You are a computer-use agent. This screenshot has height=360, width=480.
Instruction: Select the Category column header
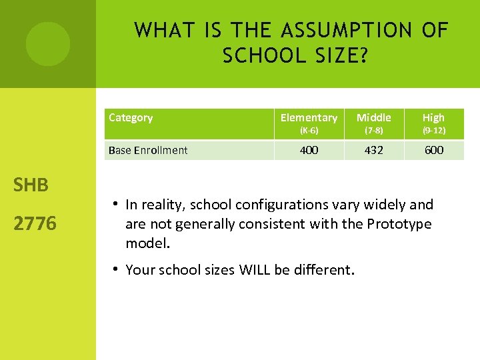[x=131, y=118]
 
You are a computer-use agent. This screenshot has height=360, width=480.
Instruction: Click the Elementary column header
[x=309, y=118]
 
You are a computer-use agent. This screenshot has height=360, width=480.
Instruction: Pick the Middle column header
[x=373, y=118]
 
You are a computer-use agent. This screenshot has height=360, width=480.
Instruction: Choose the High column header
[x=433, y=118]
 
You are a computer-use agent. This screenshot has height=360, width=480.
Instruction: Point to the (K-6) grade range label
[x=309, y=131]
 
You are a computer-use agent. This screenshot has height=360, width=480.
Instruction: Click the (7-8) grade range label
[x=373, y=131]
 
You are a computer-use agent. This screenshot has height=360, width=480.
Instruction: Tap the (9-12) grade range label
[x=433, y=131]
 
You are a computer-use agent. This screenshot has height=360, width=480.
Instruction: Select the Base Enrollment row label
[x=148, y=150]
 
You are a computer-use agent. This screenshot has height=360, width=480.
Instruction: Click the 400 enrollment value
[x=309, y=150]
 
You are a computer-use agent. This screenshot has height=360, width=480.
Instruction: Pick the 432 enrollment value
[x=373, y=150]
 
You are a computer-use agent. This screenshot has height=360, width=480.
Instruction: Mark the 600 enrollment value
[x=433, y=150]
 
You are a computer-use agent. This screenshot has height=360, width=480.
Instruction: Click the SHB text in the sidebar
[x=31, y=185]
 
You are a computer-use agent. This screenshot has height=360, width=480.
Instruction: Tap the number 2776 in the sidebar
[x=35, y=223]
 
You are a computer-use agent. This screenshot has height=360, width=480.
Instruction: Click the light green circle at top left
[x=47, y=44]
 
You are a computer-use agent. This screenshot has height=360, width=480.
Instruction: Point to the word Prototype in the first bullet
[x=399, y=224]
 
